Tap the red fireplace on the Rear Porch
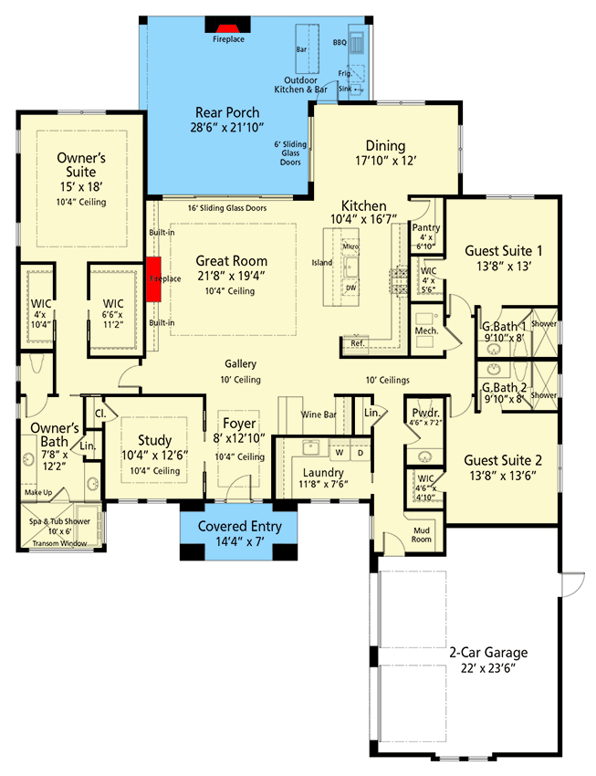(228, 27)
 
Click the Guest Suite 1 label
(504, 250)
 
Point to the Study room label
(154, 439)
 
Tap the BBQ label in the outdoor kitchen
(340, 42)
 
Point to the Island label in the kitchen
(322, 262)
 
